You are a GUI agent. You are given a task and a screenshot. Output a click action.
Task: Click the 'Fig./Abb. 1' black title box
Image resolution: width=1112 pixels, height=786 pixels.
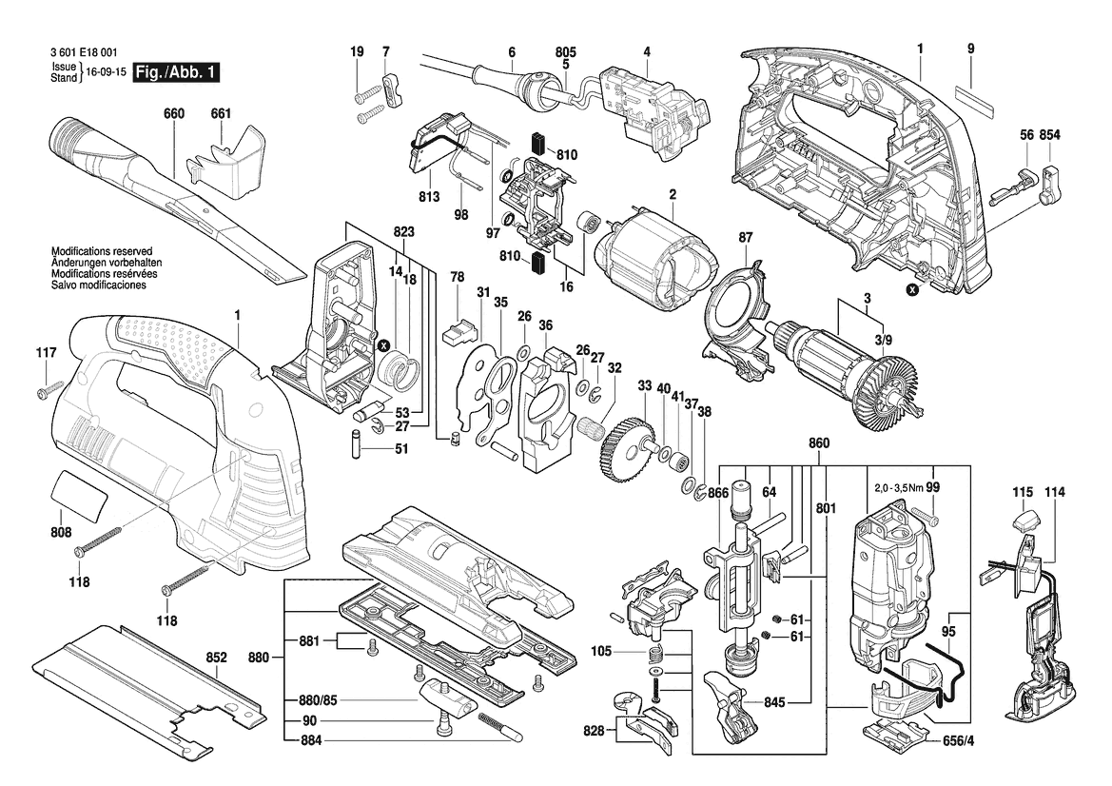176,72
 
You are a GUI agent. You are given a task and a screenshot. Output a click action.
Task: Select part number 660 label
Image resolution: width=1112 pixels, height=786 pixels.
173,113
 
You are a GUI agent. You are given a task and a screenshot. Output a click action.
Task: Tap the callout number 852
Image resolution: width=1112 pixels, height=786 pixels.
216,658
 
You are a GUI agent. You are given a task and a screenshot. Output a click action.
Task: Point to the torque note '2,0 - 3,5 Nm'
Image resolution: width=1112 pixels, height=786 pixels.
898,488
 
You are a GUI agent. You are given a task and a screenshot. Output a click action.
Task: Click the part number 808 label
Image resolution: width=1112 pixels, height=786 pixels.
61,532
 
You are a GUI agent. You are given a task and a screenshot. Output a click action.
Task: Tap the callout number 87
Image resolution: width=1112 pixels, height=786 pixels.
746,238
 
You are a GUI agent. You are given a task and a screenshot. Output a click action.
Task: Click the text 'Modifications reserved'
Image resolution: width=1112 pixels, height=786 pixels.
102,252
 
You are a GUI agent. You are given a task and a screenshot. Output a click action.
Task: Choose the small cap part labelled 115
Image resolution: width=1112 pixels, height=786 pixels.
1024,521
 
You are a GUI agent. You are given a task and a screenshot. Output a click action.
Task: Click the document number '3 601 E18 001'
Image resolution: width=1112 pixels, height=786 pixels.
85,52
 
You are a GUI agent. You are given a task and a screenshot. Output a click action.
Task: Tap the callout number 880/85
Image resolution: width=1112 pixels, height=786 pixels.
319,700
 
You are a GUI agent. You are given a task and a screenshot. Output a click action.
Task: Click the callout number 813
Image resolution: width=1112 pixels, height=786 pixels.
429,196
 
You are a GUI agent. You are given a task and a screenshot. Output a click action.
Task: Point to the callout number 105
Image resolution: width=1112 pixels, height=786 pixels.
600,651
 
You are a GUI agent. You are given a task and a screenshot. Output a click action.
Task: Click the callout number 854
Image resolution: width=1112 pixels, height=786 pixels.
1049,135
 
